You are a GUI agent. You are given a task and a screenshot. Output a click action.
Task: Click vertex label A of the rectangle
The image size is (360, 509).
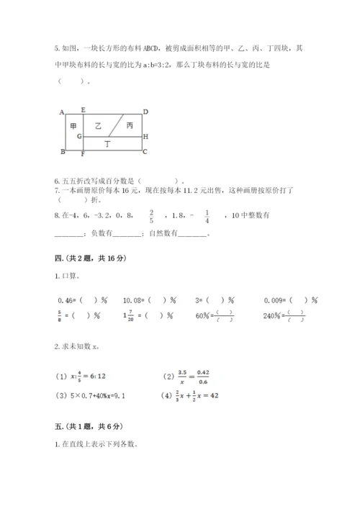pos(62,112)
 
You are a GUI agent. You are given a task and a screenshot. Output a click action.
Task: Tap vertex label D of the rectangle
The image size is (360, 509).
pos(145,112)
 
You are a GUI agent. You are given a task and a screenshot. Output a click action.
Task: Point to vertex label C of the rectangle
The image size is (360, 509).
pos(145,151)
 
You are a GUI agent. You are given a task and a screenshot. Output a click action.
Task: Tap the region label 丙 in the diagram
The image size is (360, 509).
pos(129,125)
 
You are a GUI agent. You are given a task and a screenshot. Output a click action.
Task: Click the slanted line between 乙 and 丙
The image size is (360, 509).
pos(119,125)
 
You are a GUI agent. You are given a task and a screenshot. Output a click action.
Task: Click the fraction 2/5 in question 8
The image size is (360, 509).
pos(152,216)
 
